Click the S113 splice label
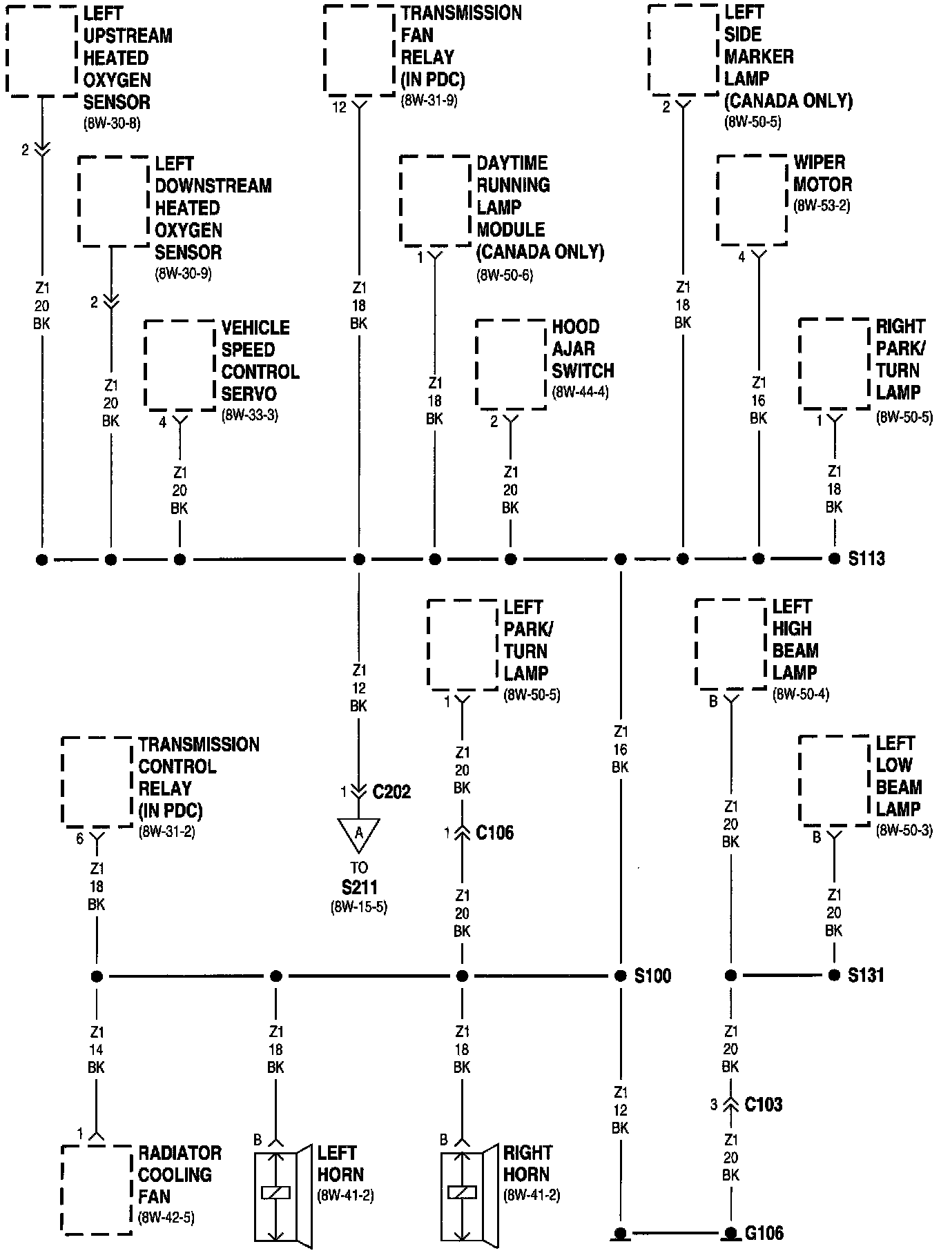866,559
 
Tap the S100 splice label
652,976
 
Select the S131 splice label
866,976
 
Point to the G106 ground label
764,1233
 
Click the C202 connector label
391,791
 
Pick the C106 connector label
494,833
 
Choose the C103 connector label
763,1105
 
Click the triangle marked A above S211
358,834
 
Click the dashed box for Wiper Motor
752,200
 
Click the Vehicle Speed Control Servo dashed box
180,366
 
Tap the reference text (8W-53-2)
822,206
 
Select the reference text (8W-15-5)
359,907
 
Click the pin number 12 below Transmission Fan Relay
339,107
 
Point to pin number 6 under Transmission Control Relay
79,838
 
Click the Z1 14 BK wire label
96,1049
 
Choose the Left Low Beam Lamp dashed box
834,780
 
